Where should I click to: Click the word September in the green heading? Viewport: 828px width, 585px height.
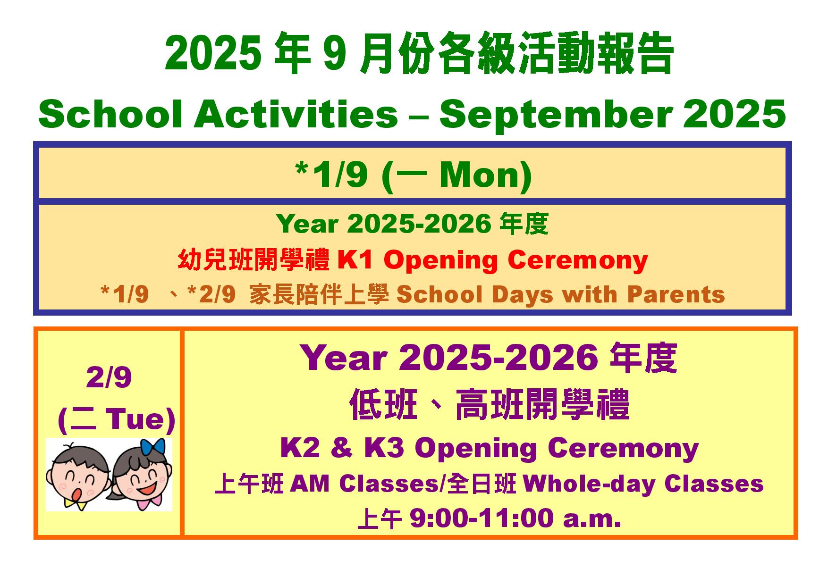pyautogui.click(x=555, y=115)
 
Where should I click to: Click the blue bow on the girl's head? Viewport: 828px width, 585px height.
pyautogui.click(x=154, y=447)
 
